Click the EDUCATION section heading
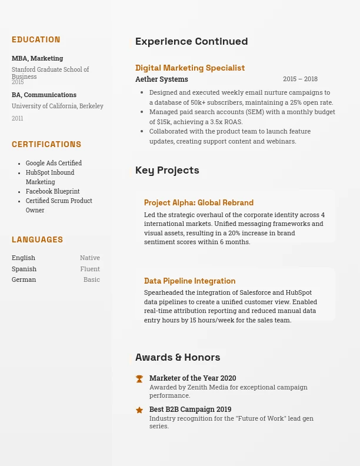click(x=36, y=40)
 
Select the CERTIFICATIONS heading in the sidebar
click(x=46, y=145)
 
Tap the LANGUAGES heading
click(x=37, y=240)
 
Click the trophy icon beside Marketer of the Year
click(x=139, y=379)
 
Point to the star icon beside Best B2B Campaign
click(x=139, y=410)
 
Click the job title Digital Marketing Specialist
click(x=190, y=68)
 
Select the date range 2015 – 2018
click(x=300, y=79)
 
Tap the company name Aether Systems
click(x=162, y=79)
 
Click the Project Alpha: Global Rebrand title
click(x=199, y=203)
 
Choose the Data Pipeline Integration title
click(x=189, y=281)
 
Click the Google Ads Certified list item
click(x=54, y=164)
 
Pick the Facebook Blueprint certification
click(x=52, y=192)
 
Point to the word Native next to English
click(x=90, y=258)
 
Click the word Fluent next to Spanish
click(x=90, y=269)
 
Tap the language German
click(x=24, y=280)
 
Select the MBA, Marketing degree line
click(x=37, y=59)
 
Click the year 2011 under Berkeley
click(x=18, y=119)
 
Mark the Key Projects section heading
click(x=167, y=171)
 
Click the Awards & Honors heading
click(x=178, y=358)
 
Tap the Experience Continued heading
click(x=191, y=42)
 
